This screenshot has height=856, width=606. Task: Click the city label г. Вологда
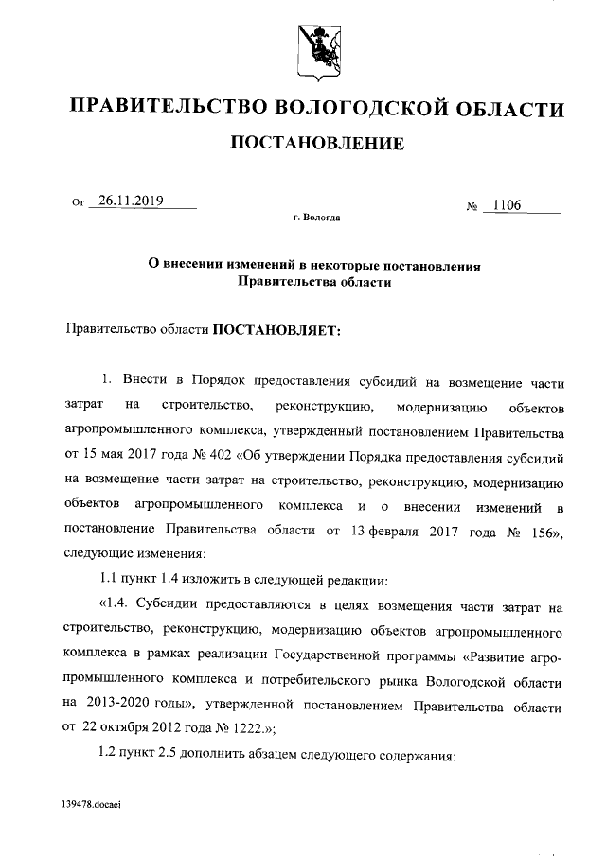click(317, 218)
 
